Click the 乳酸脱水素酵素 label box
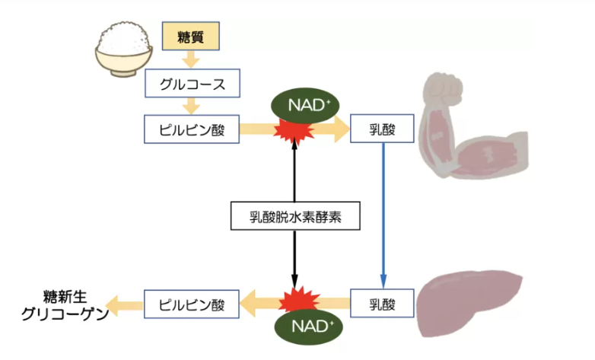pyautogui.click(x=294, y=216)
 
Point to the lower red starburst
pyautogui.click(x=294, y=301)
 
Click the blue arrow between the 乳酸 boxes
pyautogui.click(x=382, y=213)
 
